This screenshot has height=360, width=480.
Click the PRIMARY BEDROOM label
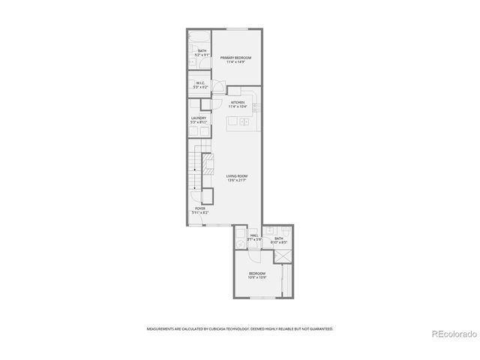(x=235, y=58)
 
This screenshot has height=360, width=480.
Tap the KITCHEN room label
(x=238, y=102)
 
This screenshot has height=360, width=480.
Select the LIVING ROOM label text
(x=236, y=176)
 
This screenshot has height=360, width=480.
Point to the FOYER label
(x=200, y=208)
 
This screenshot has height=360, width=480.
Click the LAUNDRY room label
(x=199, y=118)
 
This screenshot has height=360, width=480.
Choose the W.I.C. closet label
(x=199, y=83)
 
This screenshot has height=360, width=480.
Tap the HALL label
(x=254, y=235)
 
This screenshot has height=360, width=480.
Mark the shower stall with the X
(x=283, y=256)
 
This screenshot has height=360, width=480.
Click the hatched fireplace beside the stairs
(x=208, y=163)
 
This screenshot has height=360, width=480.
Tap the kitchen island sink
(x=243, y=121)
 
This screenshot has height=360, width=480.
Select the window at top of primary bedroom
(x=237, y=29)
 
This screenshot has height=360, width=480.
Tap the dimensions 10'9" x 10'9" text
(x=257, y=277)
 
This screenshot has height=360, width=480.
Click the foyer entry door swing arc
(x=208, y=196)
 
